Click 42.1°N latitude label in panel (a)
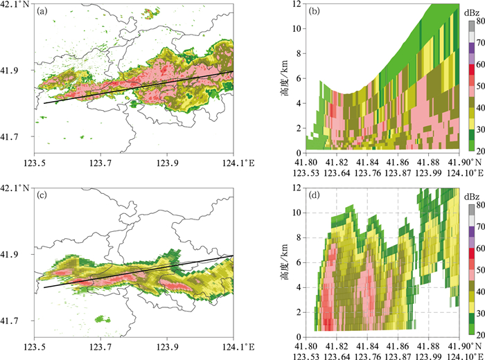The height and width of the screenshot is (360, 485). coord(17,5)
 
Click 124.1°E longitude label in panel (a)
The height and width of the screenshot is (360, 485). coord(229,162)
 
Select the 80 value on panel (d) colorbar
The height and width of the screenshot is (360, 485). coord(473,204)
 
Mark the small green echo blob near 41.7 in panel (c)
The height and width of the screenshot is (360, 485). coord(102,318)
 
